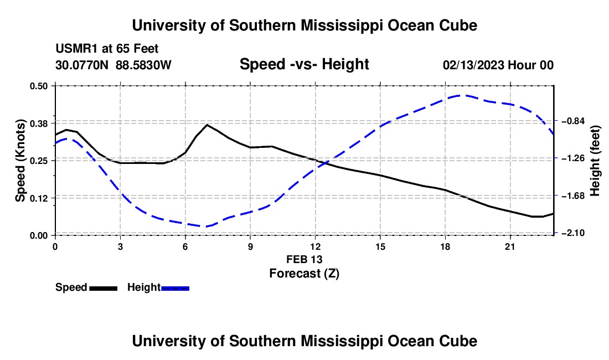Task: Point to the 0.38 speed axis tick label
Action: click(x=38, y=124)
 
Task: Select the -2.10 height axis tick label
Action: click(x=573, y=233)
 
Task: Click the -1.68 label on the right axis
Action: click(x=573, y=196)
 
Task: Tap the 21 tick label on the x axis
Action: click(x=510, y=246)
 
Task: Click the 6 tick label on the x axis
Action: click(x=185, y=246)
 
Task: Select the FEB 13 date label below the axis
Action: click(x=304, y=259)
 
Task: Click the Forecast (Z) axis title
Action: click(x=304, y=274)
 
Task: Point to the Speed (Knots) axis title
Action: click(x=20, y=161)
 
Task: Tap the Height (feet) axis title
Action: click(x=595, y=161)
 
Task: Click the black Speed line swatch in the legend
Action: click(x=104, y=288)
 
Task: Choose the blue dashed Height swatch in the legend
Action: click(x=175, y=288)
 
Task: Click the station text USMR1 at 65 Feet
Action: click(x=107, y=49)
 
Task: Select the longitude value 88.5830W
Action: click(x=143, y=65)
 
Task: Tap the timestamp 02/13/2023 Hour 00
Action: click(x=498, y=65)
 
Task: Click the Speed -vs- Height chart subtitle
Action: click(x=304, y=64)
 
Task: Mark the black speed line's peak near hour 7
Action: click(x=207, y=125)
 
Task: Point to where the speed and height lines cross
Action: click(x=325, y=163)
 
